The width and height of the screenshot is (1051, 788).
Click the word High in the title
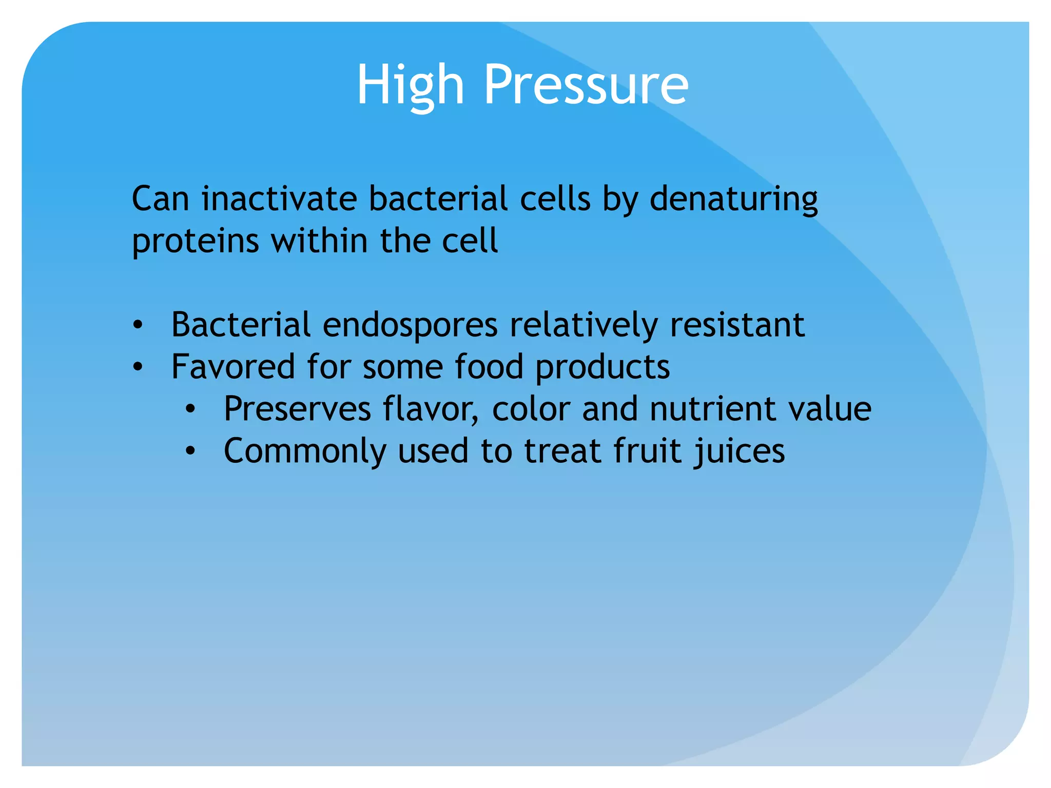[x=410, y=85]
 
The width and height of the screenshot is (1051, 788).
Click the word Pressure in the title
[x=586, y=85]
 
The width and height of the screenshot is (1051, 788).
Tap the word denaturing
[x=733, y=200]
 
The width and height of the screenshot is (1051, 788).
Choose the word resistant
[x=737, y=325]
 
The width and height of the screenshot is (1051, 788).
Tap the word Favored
[x=233, y=367]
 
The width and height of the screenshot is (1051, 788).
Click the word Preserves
[x=297, y=409]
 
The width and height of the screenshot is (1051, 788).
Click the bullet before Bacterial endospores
[x=137, y=325]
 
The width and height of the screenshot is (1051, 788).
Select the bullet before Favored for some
[x=137, y=367]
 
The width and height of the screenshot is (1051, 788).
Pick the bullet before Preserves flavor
[x=190, y=409]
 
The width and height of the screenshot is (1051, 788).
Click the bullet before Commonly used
[x=190, y=451]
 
